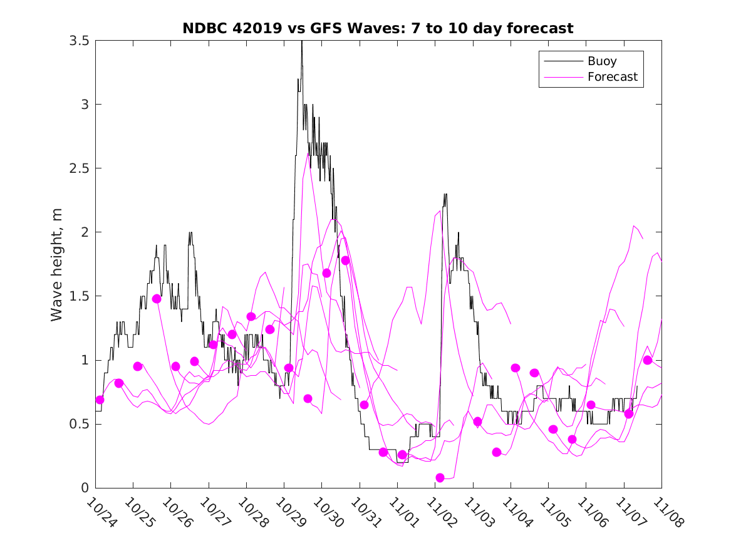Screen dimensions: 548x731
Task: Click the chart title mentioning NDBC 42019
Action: (x=378, y=29)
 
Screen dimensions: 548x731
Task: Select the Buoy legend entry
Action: (x=601, y=61)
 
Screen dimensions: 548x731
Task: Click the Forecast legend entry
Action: (x=612, y=77)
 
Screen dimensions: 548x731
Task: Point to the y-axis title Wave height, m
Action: (x=57, y=264)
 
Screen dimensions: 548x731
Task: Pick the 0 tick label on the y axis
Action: (x=84, y=488)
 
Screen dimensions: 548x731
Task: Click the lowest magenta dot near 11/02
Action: (x=440, y=478)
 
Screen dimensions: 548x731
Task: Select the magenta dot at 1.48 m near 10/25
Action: (x=157, y=299)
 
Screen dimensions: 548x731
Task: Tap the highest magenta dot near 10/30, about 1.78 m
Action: (x=345, y=260)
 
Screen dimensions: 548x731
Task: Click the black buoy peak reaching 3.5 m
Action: (x=302, y=42)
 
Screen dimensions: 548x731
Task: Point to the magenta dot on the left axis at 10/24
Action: (x=100, y=400)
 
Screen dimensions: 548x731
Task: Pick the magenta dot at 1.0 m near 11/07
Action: (x=648, y=360)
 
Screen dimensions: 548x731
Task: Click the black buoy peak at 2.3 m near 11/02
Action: (x=445, y=195)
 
